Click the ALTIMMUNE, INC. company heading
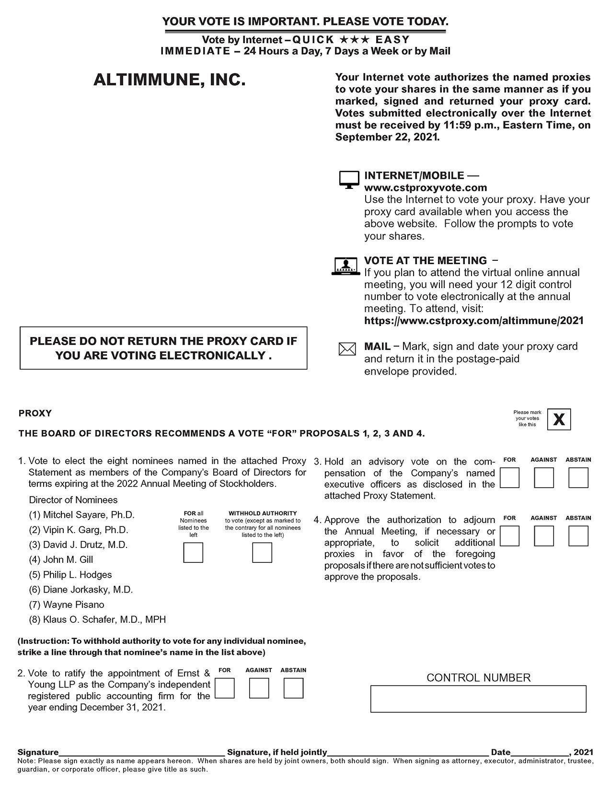170,80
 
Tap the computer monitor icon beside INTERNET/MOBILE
349,179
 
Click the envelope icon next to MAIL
347,349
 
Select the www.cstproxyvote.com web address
425,187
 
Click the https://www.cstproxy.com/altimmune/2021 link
473,320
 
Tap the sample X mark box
559,419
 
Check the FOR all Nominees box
193,552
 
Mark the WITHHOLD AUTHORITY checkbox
262,552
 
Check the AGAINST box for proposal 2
259,688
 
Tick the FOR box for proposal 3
509,478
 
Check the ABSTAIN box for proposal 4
578,536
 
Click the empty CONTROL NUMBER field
478,698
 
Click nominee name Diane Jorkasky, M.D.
88,590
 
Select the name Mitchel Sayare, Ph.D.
89,515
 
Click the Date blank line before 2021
540,752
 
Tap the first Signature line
141,752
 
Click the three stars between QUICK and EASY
355,39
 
